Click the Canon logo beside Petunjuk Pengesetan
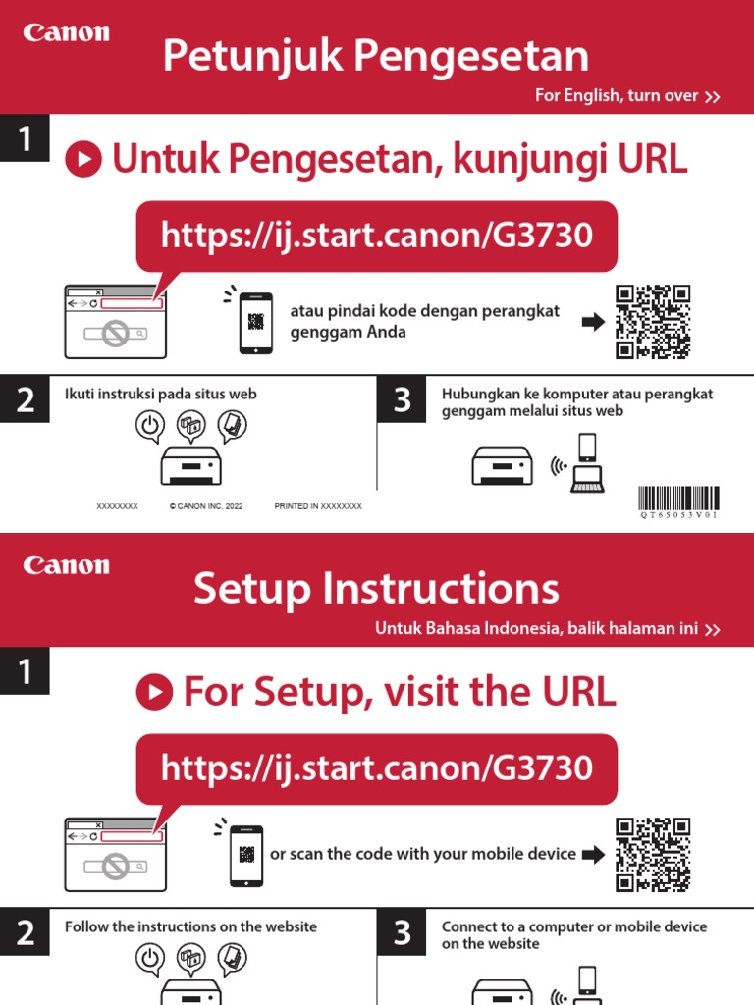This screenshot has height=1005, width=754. (x=67, y=33)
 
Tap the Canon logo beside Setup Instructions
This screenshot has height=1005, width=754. (x=67, y=566)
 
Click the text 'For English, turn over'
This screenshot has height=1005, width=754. (x=617, y=96)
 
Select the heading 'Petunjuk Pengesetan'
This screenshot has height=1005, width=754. (x=376, y=56)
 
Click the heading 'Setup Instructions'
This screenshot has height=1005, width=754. (x=376, y=589)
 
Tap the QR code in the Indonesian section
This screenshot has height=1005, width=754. (x=653, y=322)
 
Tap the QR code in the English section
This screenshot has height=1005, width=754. (x=653, y=855)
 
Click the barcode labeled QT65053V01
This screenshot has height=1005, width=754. (x=678, y=498)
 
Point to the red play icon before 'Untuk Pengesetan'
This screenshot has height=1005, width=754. (x=83, y=160)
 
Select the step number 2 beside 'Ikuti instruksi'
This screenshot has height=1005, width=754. (x=25, y=400)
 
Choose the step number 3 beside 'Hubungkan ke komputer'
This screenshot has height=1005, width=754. (x=402, y=400)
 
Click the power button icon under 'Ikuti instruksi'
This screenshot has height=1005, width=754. (x=148, y=426)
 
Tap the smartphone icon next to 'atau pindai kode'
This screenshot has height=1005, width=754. (x=255, y=322)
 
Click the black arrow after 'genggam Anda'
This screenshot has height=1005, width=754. (x=593, y=322)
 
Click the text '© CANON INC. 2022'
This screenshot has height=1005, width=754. (x=206, y=506)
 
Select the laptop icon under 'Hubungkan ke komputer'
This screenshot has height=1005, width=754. (x=587, y=479)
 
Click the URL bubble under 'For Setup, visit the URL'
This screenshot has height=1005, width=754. (x=376, y=767)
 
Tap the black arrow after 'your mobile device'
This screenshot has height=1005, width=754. (x=593, y=855)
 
